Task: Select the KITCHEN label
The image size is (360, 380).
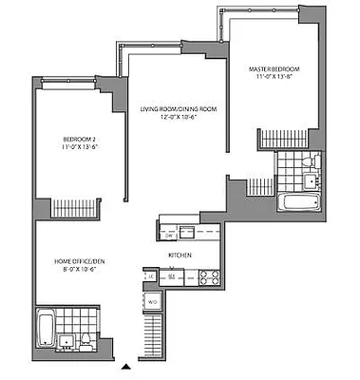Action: (181, 256)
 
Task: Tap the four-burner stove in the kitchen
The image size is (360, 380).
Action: (209, 277)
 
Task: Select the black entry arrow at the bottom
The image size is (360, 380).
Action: (125, 367)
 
